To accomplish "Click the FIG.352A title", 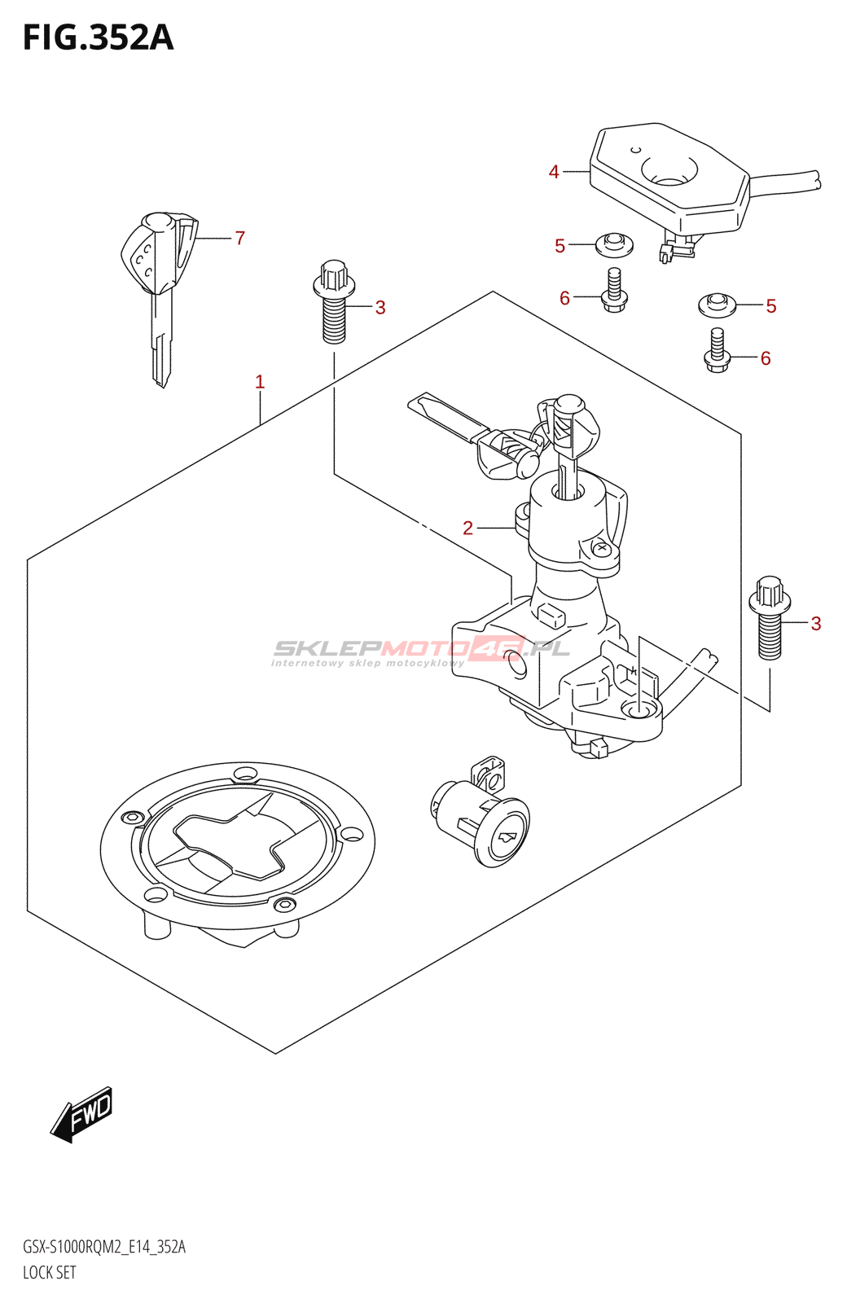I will [98, 37].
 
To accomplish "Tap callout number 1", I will [260, 381].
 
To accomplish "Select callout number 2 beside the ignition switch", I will [467, 528].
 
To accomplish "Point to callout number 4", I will [554, 172].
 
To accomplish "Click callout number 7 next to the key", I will [239, 238].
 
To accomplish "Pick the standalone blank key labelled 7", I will [160, 285].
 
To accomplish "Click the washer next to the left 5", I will [614, 243].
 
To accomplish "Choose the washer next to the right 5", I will [717, 305].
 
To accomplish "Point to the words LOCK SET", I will [50, 1272].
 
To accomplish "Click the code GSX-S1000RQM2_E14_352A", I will [104, 1247].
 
